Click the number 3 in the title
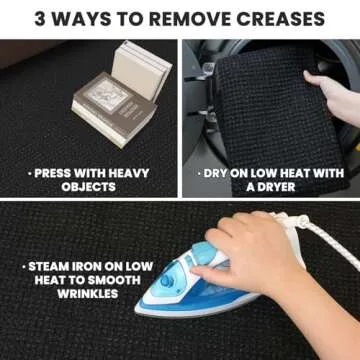[40, 19]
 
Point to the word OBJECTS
[89, 187]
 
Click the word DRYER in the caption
[275, 187]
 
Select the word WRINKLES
[88, 294]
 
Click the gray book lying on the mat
[114, 108]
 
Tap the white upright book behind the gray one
[142, 71]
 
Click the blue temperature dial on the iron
[167, 281]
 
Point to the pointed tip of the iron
[137, 310]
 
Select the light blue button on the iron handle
[203, 250]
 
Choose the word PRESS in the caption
[52, 173]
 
